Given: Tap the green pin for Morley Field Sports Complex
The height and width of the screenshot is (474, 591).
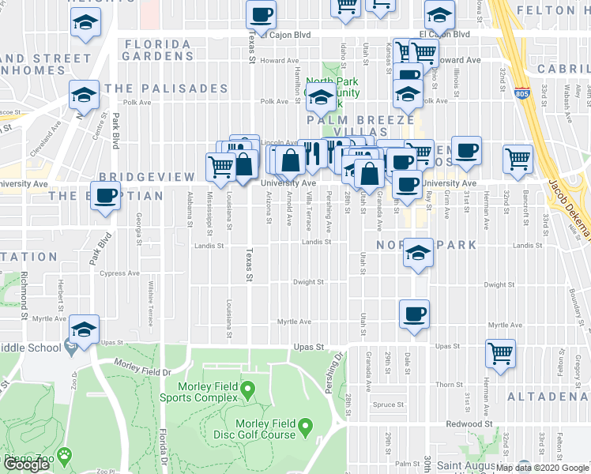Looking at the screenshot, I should click(x=247, y=389).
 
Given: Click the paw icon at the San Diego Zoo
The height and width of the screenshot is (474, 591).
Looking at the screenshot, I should click(x=64, y=457).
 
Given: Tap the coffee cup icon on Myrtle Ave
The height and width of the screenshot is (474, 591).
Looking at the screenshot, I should click(x=414, y=314).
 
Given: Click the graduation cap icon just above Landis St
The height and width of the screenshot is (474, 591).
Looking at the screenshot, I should click(x=419, y=253).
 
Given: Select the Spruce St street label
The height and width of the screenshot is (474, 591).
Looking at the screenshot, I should click(x=389, y=404).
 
